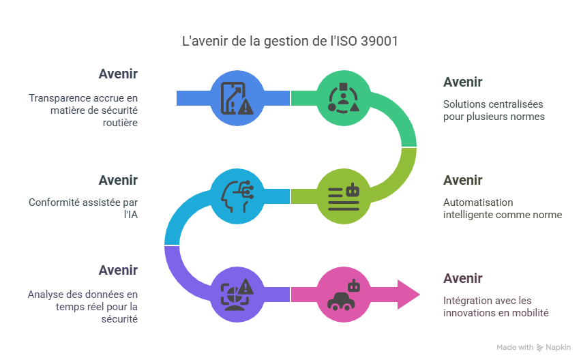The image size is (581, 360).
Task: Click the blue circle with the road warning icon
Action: [236, 98]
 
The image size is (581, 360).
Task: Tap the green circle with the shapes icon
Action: [343, 98]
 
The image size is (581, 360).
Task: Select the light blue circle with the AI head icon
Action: [236, 196]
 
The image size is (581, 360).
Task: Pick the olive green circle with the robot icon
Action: [343, 196]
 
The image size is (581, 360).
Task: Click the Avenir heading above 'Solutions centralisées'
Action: [462, 82]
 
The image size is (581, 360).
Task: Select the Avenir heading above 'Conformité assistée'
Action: [117, 181]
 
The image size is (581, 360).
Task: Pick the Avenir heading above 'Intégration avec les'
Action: [462, 279]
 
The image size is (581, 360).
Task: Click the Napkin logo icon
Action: [540, 347]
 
